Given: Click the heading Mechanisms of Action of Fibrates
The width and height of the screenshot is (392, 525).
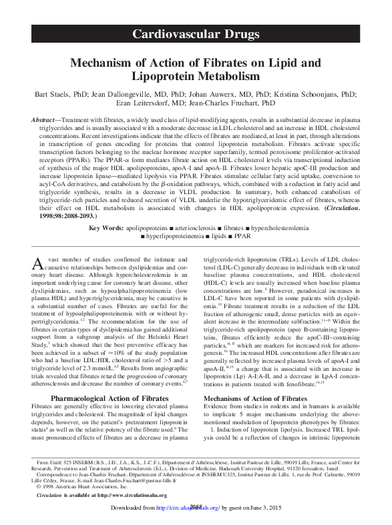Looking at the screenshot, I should click(x=256, y=398).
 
